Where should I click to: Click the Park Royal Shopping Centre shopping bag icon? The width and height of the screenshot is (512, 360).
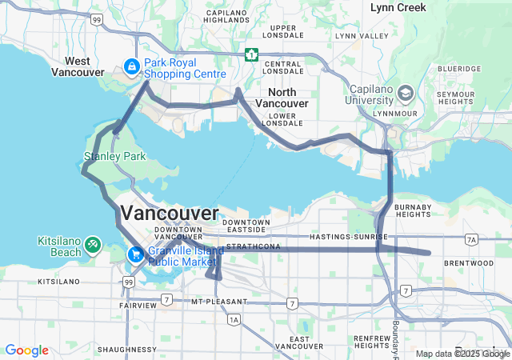point(131,67)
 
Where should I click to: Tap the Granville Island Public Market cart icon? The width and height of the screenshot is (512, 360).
point(137,255)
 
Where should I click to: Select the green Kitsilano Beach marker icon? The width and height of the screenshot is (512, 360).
point(93,242)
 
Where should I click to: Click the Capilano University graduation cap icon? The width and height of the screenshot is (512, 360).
point(406,94)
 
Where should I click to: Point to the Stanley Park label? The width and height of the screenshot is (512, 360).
point(115,157)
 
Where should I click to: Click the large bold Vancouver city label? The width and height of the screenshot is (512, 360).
point(169,213)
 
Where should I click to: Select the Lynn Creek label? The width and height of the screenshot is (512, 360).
point(398,7)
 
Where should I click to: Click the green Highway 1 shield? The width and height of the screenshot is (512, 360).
point(252,54)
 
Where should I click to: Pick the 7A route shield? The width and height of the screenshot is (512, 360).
point(471,239)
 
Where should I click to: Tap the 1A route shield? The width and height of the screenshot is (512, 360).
point(234,319)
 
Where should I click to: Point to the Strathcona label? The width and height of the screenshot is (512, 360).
point(253,246)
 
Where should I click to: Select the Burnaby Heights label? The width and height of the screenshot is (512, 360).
point(413,212)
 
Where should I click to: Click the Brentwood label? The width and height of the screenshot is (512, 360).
point(470,262)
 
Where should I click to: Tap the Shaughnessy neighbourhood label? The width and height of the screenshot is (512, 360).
point(126,350)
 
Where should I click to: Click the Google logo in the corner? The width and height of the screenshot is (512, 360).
point(26,350)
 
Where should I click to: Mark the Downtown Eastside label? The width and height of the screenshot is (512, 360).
point(246,226)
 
